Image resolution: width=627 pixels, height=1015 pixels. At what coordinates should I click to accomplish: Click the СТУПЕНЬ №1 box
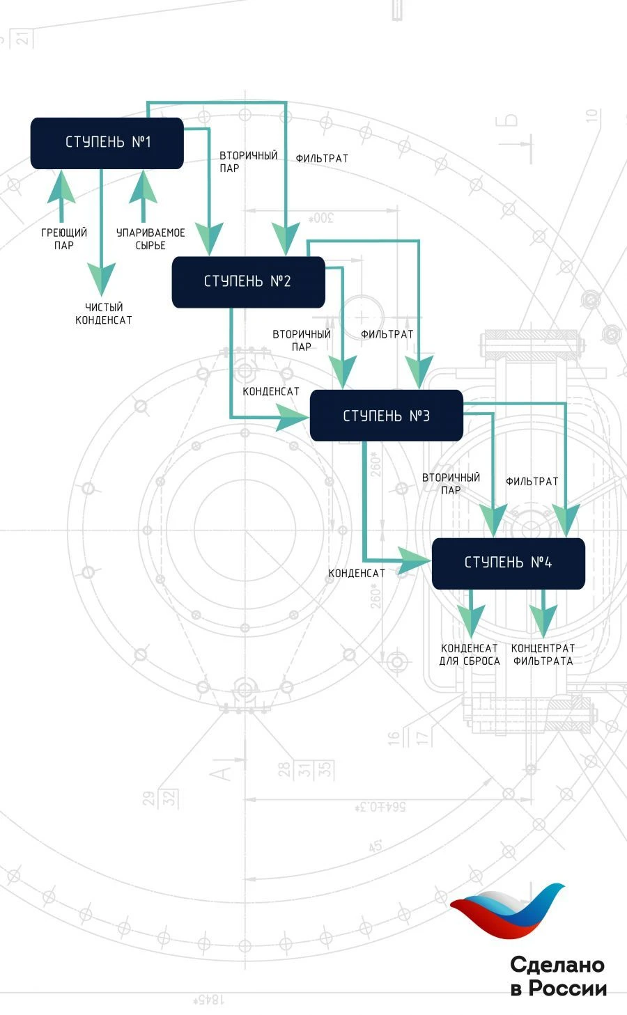click(107, 143)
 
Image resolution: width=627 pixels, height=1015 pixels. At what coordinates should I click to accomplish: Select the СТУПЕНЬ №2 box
click(248, 282)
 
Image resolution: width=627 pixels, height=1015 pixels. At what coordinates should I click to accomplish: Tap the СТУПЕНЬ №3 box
click(386, 416)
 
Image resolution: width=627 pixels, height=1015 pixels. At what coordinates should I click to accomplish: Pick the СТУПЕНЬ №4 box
click(508, 563)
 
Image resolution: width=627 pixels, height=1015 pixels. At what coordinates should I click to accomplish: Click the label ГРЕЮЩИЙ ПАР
click(64, 239)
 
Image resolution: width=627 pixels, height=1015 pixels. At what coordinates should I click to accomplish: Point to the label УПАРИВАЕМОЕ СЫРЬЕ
click(150, 239)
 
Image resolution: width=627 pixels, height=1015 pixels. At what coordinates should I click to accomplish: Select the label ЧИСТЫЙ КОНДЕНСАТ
click(103, 313)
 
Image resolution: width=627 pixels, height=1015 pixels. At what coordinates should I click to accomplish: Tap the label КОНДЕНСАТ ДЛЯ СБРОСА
click(470, 654)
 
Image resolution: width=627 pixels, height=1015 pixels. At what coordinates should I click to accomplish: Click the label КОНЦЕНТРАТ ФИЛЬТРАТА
click(543, 654)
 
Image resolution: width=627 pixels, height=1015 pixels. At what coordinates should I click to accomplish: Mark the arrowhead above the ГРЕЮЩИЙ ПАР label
click(62, 187)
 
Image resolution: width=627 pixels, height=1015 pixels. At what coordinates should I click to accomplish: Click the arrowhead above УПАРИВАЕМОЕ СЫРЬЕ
click(144, 187)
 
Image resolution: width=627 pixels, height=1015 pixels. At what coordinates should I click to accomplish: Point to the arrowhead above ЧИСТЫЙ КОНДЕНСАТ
click(102, 277)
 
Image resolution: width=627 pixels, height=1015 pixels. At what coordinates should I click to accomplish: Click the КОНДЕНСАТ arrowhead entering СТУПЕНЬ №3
click(293, 418)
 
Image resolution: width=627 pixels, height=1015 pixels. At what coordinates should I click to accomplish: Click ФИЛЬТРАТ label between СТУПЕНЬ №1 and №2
click(322, 159)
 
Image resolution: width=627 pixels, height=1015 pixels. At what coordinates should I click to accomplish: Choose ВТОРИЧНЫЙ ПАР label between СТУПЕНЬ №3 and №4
click(451, 483)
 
